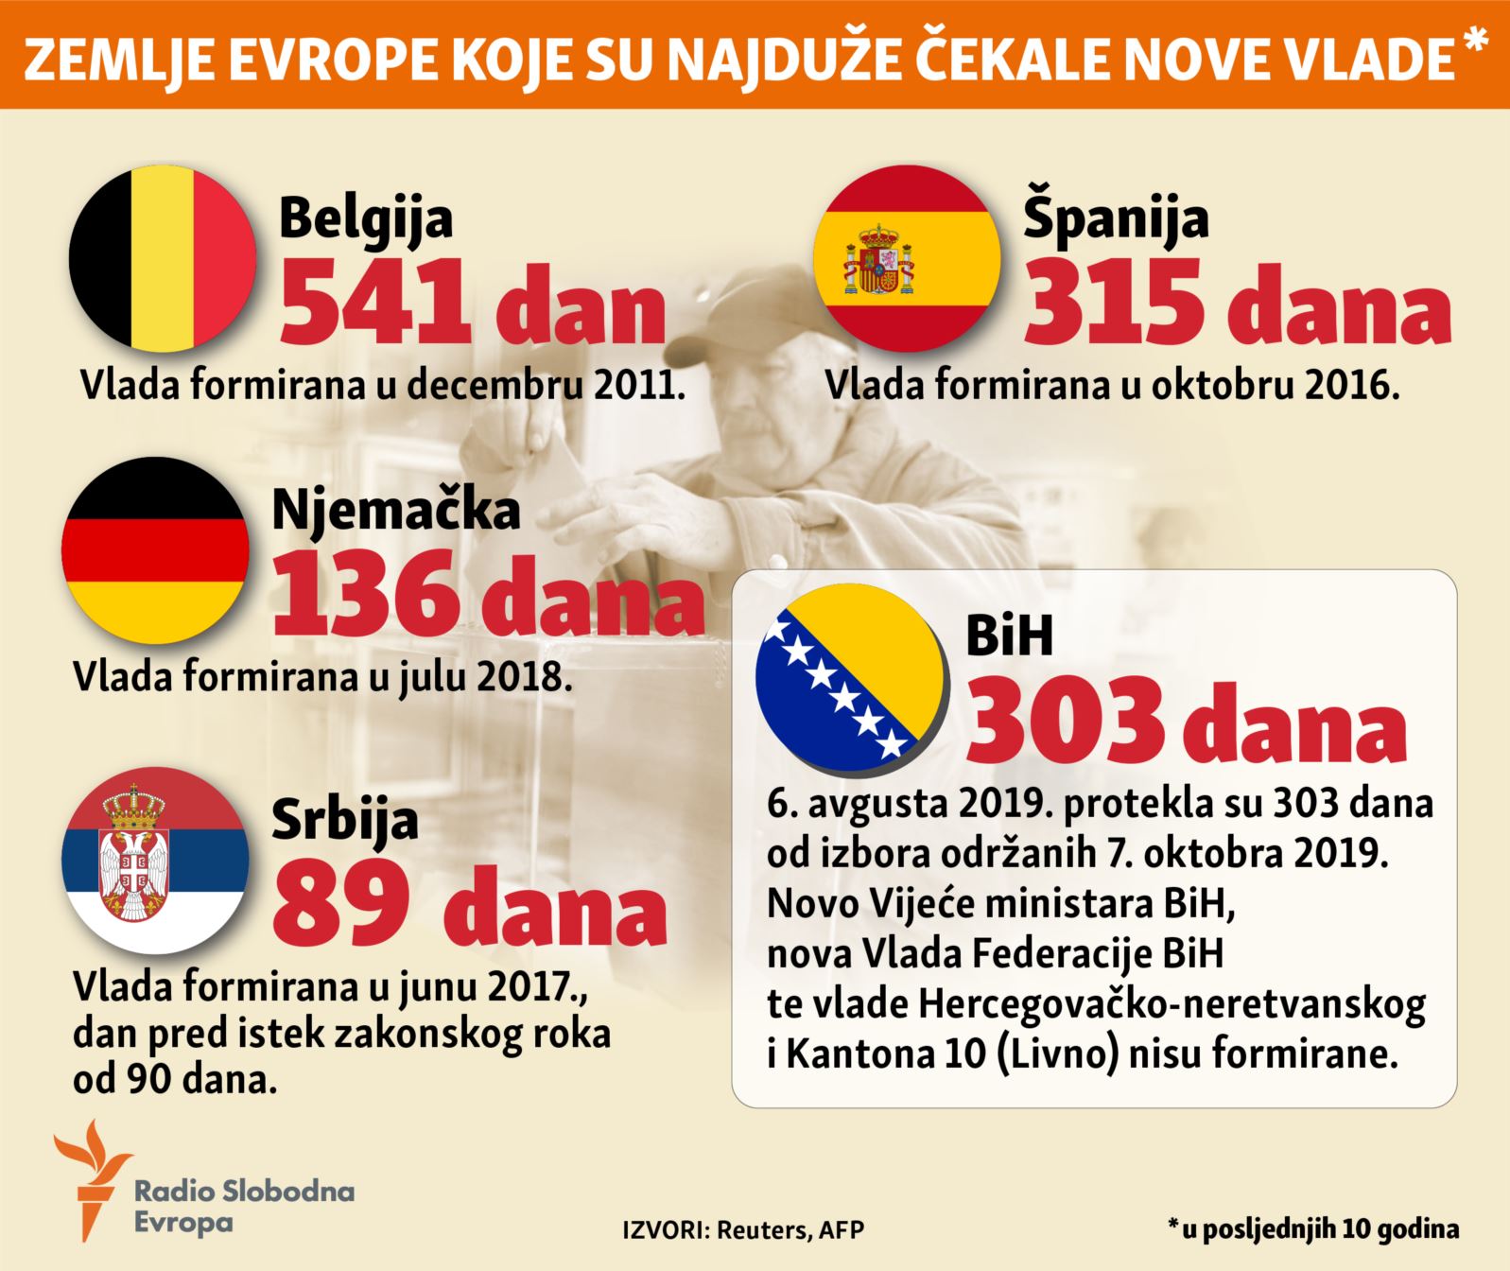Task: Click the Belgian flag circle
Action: click(163, 257)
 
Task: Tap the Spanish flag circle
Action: click(908, 257)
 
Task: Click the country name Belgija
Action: click(366, 218)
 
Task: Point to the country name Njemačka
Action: click(396, 510)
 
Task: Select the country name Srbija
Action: click(345, 819)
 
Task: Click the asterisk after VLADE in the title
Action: click(1474, 43)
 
